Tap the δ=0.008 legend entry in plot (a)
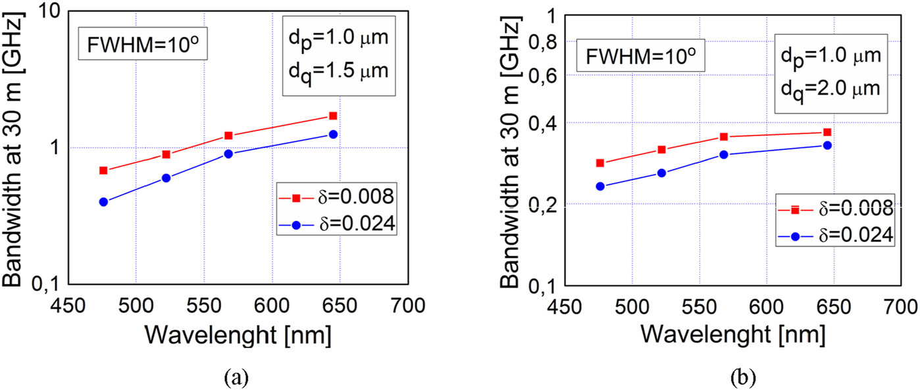pos(336,197)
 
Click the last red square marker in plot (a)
pos(333,116)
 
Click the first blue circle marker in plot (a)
pos(103,202)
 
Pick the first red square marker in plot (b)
pos(600,163)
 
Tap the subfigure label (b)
pos(742,378)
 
